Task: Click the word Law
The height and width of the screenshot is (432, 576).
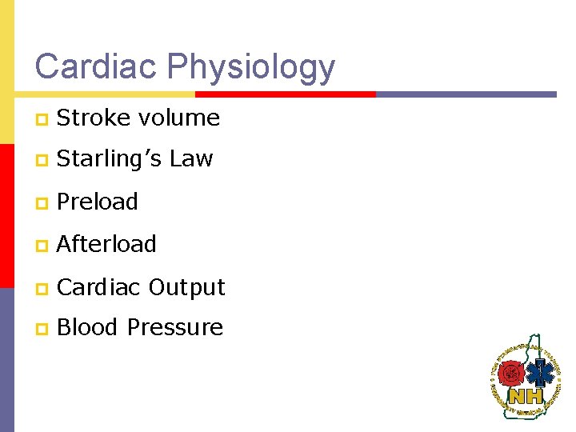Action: click(191, 159)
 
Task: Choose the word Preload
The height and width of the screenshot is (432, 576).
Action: click(98, 202)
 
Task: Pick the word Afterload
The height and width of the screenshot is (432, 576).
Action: click(106, 244)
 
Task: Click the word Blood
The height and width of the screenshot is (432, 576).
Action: click(88, 327)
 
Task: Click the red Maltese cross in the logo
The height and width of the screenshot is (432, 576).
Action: click(513, 372)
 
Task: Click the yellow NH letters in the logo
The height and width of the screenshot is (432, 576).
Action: click(526, 395)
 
